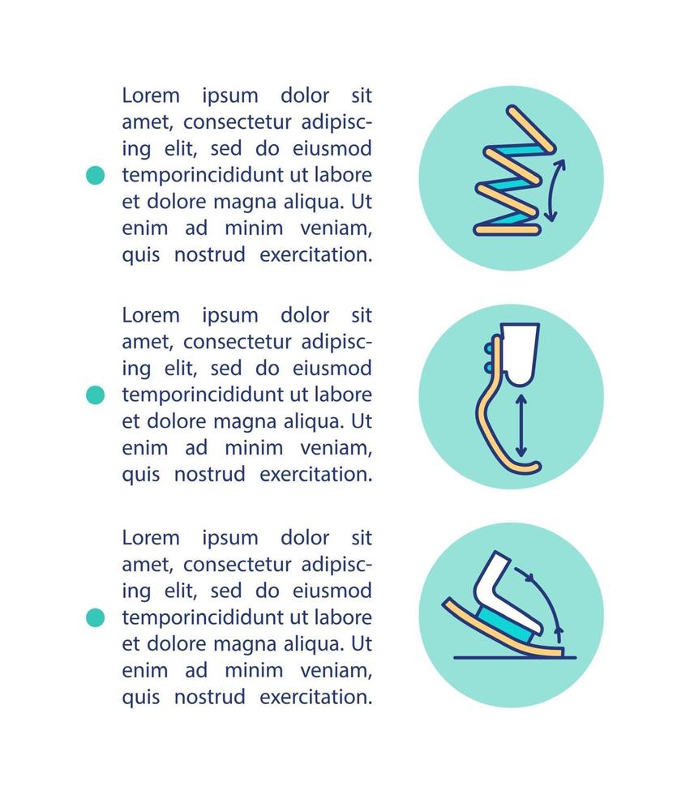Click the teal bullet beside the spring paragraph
(96, 175)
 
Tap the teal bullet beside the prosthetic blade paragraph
(96, 395)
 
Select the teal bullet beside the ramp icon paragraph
(96, 617)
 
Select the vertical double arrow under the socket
(521, 424)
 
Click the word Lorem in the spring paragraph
(151, 96)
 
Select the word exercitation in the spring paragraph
(315, 254)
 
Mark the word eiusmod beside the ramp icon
(332, 590)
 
